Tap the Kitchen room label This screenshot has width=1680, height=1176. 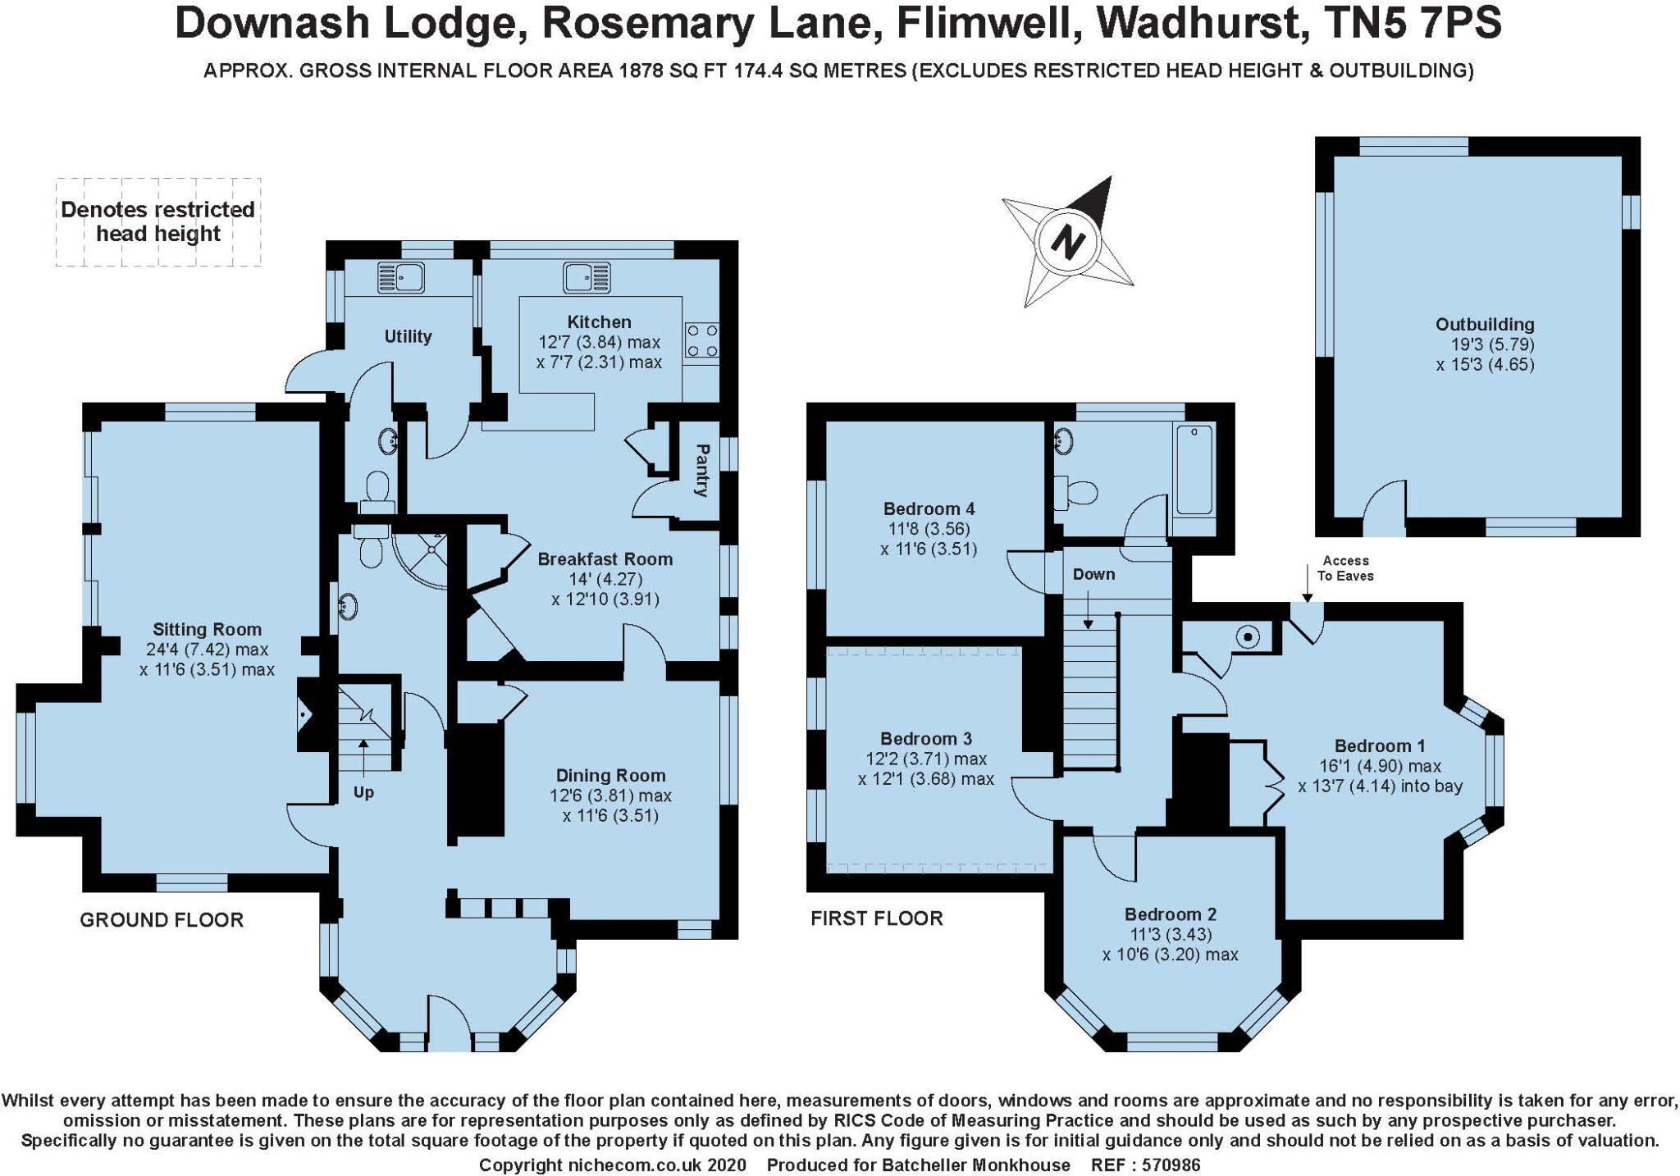click(599, 322)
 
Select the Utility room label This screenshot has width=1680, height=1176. click(408, 336)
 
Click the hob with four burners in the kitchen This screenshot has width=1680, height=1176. click(702, 341)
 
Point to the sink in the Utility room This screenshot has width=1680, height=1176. click(399, 276)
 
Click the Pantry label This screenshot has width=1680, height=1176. click(701, 471)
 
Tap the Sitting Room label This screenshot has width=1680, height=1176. click(207, 630)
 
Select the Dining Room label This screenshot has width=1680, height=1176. click(610, 776)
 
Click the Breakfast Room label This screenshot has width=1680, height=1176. click(605, 559)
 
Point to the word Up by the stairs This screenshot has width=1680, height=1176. click(363, 793)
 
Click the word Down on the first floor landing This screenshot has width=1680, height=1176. click(1093, 574)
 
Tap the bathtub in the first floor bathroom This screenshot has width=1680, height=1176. click(1194, 469)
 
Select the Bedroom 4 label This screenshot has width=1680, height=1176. click(929, 509)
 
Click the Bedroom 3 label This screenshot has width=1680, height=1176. click(926, 739)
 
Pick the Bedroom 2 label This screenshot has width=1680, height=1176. click(1170, 914)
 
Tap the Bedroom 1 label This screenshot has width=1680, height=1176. click(1380, 746)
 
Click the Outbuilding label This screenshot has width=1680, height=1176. click(1485, 325)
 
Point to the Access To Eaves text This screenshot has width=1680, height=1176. click(1345, 568)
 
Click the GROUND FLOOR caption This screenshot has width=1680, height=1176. click(162, 920)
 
